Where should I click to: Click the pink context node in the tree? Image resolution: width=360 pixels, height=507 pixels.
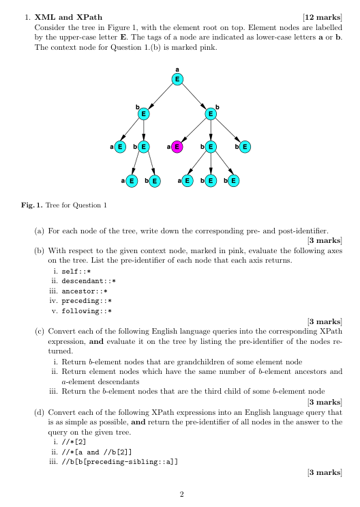177,146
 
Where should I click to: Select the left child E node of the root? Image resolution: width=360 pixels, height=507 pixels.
143,113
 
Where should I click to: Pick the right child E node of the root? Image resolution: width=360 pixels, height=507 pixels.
211,113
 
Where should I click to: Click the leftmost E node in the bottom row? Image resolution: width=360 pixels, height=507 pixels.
132,180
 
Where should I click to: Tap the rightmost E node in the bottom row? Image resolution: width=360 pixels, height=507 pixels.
233,180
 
